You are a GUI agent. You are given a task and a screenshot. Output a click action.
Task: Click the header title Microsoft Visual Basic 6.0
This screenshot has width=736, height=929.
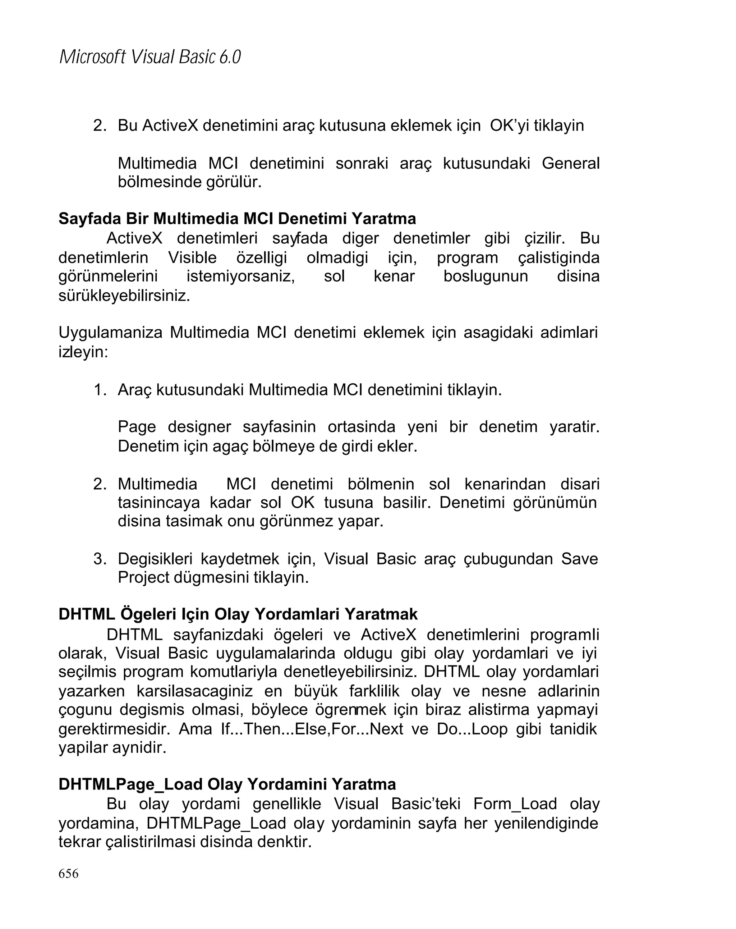click(149, 57)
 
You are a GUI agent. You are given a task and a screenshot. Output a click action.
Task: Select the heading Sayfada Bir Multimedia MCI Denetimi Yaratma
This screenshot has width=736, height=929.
click(237, 219)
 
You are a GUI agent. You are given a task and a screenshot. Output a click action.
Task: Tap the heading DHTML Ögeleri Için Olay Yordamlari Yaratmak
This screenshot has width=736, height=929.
click(238, 614)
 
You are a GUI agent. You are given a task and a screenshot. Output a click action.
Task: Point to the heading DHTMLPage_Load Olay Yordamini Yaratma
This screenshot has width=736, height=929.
click(227, 784)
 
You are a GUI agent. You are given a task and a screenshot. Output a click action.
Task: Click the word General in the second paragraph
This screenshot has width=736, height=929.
click(570, 163)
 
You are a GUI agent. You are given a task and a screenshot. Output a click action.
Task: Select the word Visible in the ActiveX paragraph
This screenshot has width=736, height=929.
click(192, 258)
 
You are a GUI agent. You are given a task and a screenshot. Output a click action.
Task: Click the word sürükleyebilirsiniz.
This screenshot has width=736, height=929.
click(124, 296)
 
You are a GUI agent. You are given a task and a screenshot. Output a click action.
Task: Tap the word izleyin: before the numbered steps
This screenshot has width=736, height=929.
click(83, 352)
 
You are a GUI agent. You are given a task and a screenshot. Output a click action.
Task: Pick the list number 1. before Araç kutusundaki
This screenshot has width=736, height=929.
click(100, 390)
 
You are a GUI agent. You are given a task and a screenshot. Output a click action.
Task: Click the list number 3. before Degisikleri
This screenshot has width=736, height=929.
click(100, 559)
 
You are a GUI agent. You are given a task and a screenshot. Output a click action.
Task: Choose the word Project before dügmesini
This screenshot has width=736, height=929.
click(143, 577)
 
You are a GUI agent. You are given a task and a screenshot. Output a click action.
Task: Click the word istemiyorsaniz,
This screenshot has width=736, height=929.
click(240, 276)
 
